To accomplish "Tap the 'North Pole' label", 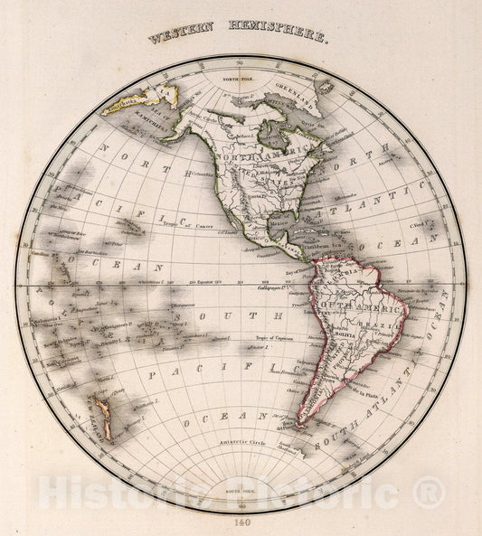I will point(239,78).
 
